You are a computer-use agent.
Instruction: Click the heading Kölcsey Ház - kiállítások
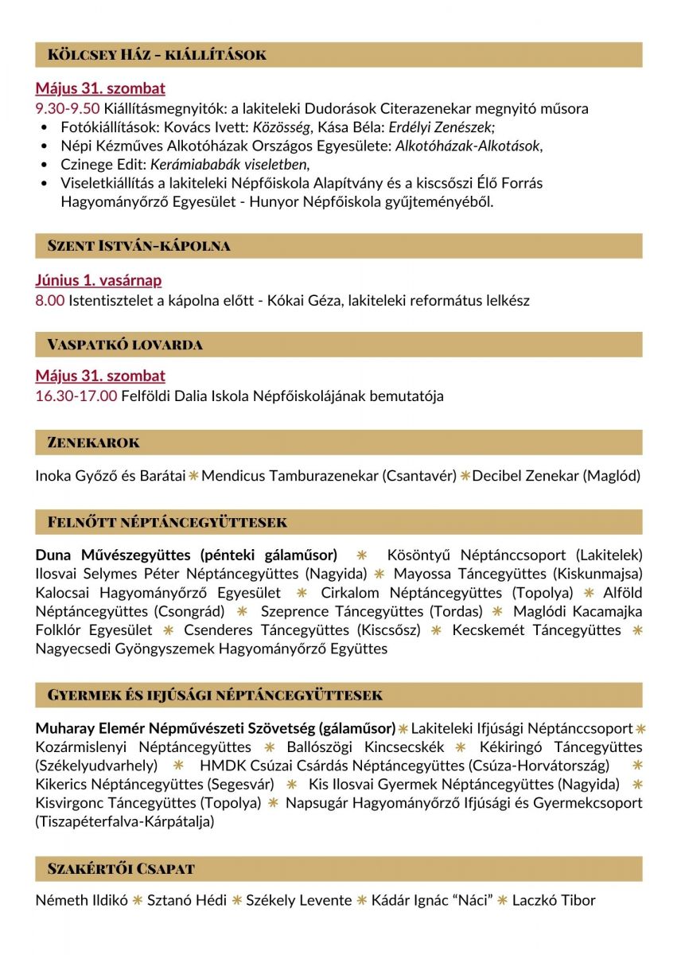(157, 55)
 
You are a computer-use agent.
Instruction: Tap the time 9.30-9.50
(68, 109)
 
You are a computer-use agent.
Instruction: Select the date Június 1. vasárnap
(99, 280)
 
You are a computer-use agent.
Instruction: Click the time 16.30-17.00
(76, 396)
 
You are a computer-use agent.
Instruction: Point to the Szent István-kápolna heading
(138, 246)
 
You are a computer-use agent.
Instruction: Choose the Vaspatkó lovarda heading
(125, 345)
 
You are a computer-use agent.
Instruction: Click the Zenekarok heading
(94, 442)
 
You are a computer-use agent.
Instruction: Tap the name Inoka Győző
(76, 476)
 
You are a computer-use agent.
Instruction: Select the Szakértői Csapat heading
(121, 868)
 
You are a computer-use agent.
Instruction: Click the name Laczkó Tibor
(554, 901)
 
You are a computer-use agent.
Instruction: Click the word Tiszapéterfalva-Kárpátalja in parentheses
(125, 821)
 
